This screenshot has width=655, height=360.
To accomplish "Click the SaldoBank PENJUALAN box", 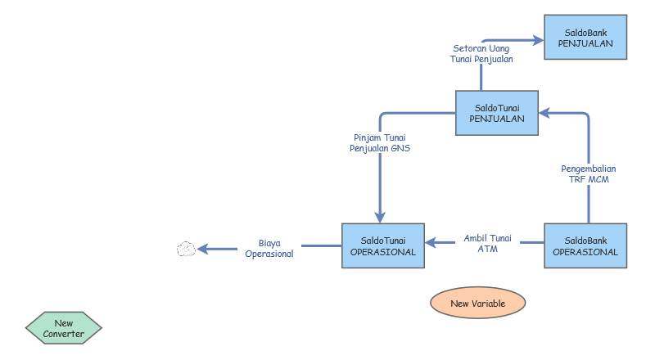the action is tap(585, 37).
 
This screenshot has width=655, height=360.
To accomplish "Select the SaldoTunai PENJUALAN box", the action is tap(497, 113).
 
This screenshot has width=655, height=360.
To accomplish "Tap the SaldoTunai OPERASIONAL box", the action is tap(383, 245).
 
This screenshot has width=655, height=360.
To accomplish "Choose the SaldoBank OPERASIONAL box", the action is tap(585, 245).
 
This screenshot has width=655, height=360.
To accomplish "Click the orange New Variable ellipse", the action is tap(478, 303).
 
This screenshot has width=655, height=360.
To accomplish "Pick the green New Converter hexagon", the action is tap(64, 328).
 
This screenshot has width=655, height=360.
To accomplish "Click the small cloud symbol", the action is tap(186, 249).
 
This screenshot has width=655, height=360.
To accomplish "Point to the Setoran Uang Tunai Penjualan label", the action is tap(481, 54).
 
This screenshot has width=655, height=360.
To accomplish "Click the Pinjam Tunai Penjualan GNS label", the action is tap(380, 143).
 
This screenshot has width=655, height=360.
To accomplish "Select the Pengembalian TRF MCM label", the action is tap(588, 173).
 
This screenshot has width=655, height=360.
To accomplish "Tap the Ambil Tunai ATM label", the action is tap(487, 244).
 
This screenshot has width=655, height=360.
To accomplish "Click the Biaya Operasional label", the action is tap(269, 249).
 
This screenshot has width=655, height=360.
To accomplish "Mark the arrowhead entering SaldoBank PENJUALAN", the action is tap(538, 41).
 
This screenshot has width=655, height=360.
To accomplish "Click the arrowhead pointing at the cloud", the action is tap(202, 249).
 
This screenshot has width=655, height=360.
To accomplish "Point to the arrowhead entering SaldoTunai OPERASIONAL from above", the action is tap(380, 217).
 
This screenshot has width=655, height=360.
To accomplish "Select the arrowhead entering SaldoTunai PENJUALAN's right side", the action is tap(544, 113).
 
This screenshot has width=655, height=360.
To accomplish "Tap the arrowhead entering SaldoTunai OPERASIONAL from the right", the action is tap(431, 242).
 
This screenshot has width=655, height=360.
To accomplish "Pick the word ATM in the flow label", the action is tap(487, 249).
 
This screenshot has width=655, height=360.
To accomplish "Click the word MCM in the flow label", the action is tap(599, 179).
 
